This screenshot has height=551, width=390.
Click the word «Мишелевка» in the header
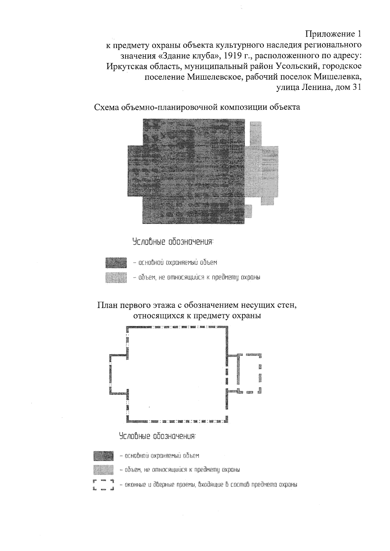337,77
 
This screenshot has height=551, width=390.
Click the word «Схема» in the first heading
106,107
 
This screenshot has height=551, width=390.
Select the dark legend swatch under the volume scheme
116,262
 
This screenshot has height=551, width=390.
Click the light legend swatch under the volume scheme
116,278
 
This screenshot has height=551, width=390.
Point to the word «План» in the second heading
107,305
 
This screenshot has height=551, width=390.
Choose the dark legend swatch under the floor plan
103,456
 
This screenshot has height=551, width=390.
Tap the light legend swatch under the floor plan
103,470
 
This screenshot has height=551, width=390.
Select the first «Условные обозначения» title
173,242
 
